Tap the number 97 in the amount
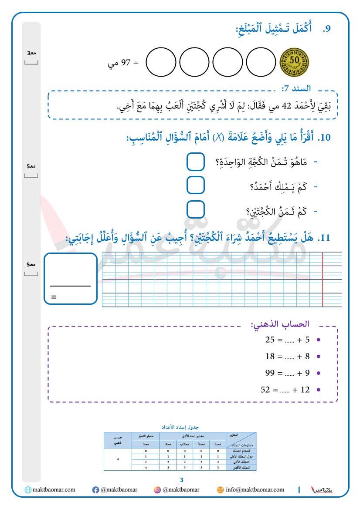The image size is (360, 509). pyautogui.click(x=126, y=64)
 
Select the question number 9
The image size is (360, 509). pyautogui.click(x=327, y=29)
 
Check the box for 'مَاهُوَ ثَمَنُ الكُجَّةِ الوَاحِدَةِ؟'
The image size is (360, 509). pyautogui.click(x=196, y=162)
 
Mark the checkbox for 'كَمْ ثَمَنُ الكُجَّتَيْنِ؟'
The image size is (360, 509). pyautogui.click(x=196, y=210)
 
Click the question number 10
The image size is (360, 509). pyautogui.click(x=324, y=138)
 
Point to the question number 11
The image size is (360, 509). pyautogui.click(x=324, y=238)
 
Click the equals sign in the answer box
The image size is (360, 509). pyautogui.click(x=54, y=297)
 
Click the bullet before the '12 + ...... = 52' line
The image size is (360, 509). pyautogui.click(x=319, y=390)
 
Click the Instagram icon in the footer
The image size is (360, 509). pyautogui.click(x=157, y=490)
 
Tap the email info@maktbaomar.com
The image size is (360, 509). pyautogui.click(x=255, y=490)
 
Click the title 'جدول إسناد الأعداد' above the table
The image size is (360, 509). pyautogui.click(x=180, y=428)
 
